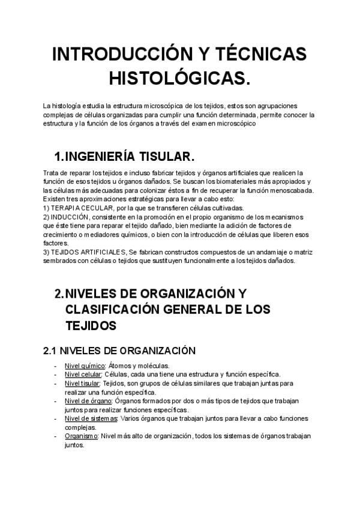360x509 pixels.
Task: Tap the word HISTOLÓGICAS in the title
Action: pos(179,77)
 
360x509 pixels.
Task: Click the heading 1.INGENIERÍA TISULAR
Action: pos(124,157)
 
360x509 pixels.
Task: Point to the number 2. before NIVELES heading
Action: pos(59,294)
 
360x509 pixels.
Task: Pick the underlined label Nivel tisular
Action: pos(83,382)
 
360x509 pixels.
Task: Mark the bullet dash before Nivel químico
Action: pos(56,366)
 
